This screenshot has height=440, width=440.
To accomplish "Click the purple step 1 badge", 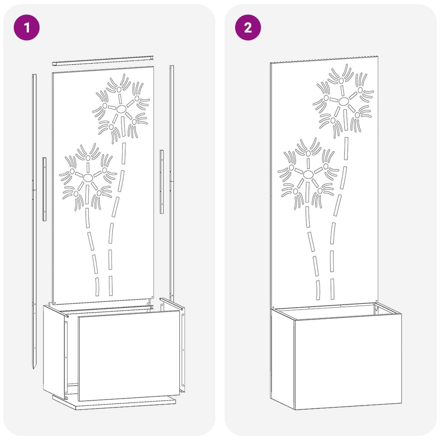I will (27, 28).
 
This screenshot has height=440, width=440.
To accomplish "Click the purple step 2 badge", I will (248, 28).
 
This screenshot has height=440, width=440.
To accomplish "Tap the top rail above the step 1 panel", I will (103, 61).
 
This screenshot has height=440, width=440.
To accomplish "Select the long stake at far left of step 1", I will (34, 213).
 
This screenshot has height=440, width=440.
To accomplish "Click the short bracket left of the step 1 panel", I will (44, 189).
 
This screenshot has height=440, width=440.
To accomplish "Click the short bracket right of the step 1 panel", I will (162, 181).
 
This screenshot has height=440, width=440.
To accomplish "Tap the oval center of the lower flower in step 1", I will (88, 178).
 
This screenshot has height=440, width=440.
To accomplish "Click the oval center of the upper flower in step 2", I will (343, 101).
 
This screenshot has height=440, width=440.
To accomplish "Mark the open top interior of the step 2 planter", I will (335, 311).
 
